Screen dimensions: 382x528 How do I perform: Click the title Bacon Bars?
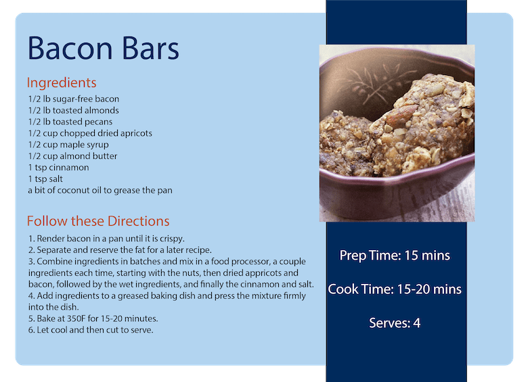coord(103,49)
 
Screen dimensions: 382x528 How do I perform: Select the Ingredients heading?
coord(62,82)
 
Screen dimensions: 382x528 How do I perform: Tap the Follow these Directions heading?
coord(98,221)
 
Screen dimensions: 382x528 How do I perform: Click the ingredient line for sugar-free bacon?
coord(74,99)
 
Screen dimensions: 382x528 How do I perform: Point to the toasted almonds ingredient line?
coord(73,110)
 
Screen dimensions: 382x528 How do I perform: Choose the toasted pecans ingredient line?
coord(70,122)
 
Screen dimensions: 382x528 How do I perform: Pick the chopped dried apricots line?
coord(90,133)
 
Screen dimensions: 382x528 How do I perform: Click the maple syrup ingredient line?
coord(68,145)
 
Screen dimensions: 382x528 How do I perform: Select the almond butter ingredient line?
coord(72,156)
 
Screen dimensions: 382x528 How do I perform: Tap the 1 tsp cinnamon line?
coord(58,168)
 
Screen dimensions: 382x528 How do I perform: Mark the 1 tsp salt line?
coord(45,179)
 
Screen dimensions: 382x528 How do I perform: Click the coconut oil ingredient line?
coord(100,191)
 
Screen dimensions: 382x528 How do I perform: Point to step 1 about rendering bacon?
coord(106,239)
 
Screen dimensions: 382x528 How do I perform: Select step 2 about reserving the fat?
coord(120,250)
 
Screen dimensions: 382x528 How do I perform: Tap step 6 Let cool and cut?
coord(91,330)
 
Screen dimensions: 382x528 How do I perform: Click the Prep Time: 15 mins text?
coord(395,256)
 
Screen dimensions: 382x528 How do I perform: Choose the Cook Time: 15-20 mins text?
coord(395,289)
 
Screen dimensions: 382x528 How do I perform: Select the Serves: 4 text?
coord(395,323)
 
